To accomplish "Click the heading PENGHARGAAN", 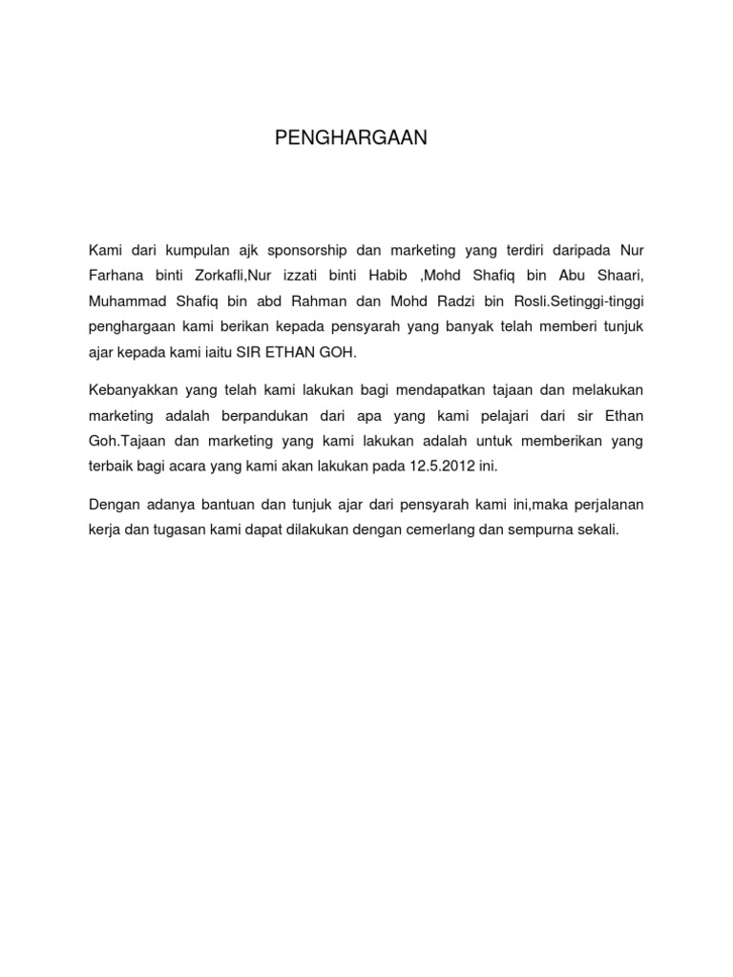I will tap(352, 138).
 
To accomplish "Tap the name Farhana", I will tap(116, 276).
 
